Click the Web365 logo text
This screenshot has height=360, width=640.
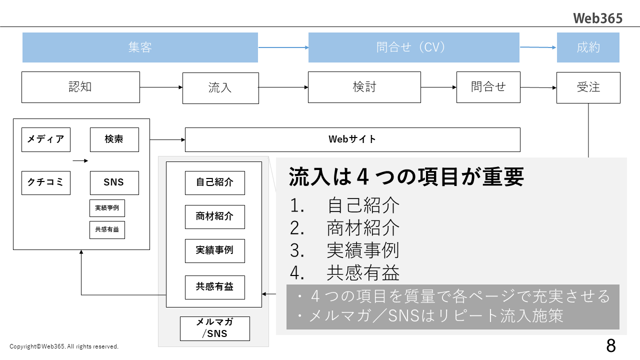[x=597, y=18]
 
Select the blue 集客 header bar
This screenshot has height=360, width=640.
[x=140, y=47]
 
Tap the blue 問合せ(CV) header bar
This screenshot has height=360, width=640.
[x=413, y=47]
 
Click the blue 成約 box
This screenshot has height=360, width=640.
[x=588, y=47]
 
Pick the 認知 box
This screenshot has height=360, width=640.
[x=80, y=87]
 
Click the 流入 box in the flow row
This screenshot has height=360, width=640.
[x=220, y=88]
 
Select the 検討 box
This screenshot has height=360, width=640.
[x=364, y=87]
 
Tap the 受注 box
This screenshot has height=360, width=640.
[x=588, y=87]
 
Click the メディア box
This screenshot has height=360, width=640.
[x=46, y=139]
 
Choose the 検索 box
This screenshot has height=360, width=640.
[x=114, y=139]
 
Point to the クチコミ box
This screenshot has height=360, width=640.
[x=46, y=182]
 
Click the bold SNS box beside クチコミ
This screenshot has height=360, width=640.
[x=114, y=182]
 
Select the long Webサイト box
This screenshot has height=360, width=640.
[x=352, y=139]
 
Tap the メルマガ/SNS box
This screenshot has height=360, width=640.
[x=214, y=328]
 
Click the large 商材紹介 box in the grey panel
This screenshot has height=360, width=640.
[x=214, y=217]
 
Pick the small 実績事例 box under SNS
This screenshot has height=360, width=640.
[x=107, y=208]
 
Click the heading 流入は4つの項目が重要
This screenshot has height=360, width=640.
[x=406, y=176]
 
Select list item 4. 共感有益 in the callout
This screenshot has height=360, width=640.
[x=345, y=272]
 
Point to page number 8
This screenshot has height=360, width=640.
[x=610, y=345]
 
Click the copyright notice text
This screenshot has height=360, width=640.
[x=64, y=346]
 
